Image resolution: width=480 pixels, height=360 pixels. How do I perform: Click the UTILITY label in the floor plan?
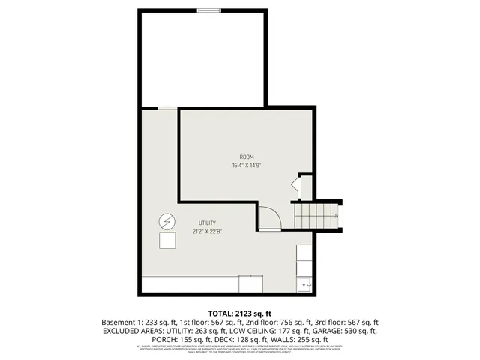pyautogui.click(x=207, y=223)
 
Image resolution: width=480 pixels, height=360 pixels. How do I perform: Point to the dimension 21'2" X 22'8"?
pyautogui.click(x=207, y=232)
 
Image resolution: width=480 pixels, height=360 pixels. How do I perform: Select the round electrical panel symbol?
pyautogui.click(x=166, y=222)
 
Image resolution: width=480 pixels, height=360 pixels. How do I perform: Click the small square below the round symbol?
pyautogui.click(x=166, y=241)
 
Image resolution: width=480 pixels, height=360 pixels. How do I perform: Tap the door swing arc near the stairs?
pyautogui.click(x=270, y=217)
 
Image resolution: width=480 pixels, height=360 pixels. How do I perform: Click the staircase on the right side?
pyautogui.click(x=316, y=216)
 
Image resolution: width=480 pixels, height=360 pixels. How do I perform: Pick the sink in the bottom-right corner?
pyautogui.click(x=305, y=284)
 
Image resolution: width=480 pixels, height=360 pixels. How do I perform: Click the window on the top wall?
pyautogui.click(x=209, y=10)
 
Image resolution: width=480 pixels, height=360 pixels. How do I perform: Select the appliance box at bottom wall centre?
pyautogui.click(x=251, y=284)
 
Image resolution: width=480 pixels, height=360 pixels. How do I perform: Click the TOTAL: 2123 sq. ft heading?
pyautogui.click(x=240, y=313)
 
